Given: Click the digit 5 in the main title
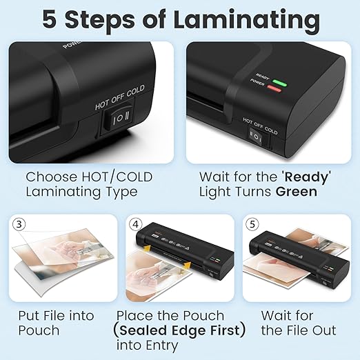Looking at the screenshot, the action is [50, 19].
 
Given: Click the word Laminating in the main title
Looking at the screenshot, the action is [246, 21].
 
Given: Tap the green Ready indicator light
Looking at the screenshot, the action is [279, 83].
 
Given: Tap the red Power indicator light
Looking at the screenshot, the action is [274, 89].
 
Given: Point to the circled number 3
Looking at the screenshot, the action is [19, 224].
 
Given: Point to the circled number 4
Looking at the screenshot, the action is [136, 224].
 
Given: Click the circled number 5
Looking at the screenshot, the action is [252, 224].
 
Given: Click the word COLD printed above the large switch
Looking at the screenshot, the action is [136, 91].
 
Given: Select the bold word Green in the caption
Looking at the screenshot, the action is [297, 192].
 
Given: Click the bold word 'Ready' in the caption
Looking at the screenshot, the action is [306, 177].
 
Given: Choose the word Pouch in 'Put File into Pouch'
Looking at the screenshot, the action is [39, 330].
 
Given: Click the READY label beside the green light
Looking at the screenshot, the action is [262, 77].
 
